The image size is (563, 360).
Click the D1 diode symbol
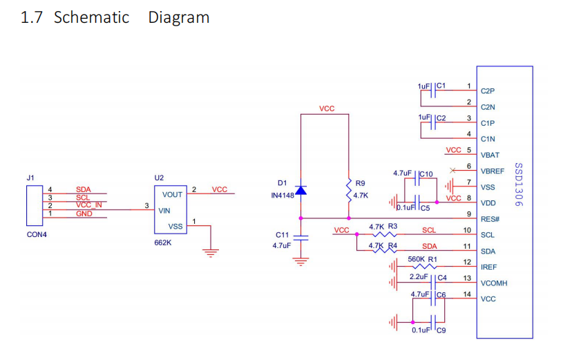[301, 190]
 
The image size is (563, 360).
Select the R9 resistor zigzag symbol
[349, 191]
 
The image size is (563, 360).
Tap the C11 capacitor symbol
[301, 238]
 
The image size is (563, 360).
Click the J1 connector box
[35, 206]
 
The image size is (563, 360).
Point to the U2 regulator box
[171, 210]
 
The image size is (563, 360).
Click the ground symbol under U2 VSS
[211, 253]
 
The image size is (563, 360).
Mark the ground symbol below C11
[301, 262]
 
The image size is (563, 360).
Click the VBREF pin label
[493, 171]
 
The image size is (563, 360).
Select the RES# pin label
[490, 219]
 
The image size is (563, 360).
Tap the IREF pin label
[488, 267]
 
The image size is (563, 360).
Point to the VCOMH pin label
[494, 283]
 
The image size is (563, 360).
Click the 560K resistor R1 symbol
[424, 267]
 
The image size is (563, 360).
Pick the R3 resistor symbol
[384, 234]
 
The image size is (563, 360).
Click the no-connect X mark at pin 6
[452, 170]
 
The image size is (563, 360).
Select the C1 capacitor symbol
[433, 91]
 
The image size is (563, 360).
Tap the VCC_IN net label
[88, 205]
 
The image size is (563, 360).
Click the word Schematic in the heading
[92, 17]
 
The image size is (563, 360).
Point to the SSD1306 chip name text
[519, 184]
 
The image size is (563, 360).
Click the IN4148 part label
[283, 196]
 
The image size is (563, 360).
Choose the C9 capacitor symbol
[433, 322]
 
